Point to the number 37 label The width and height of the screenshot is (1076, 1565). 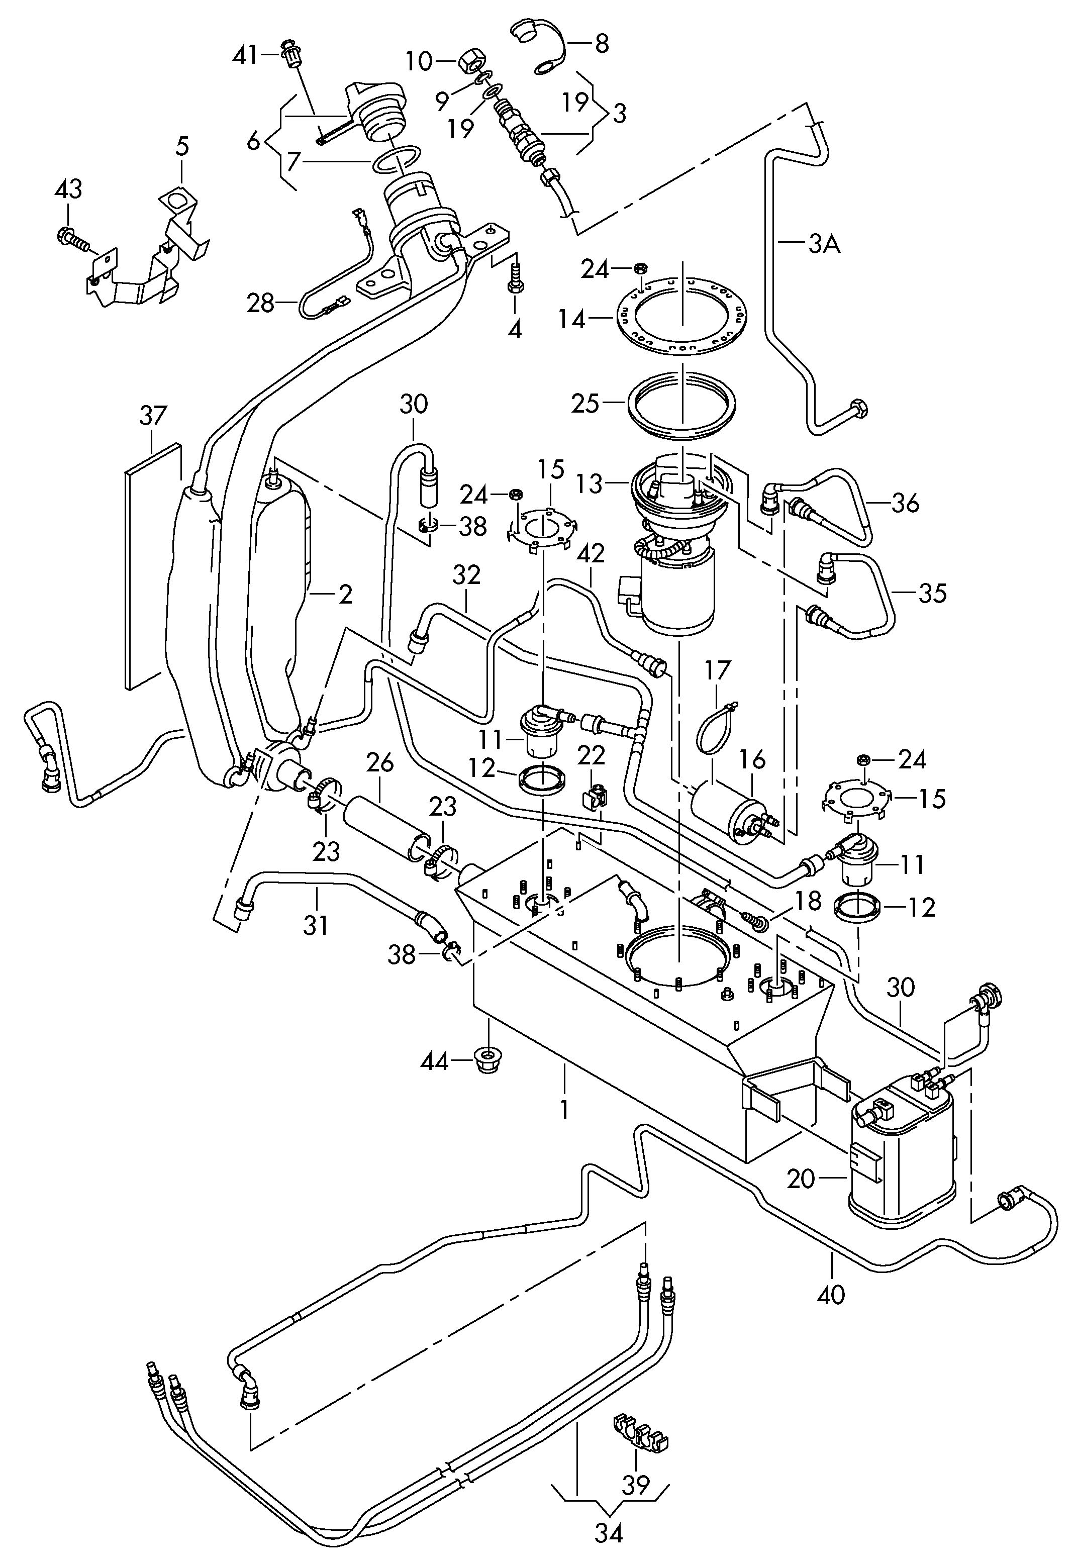pyautogui.click(x=153, y=416)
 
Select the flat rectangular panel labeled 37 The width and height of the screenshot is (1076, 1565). pyautogui.click(x=154, y=566)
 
